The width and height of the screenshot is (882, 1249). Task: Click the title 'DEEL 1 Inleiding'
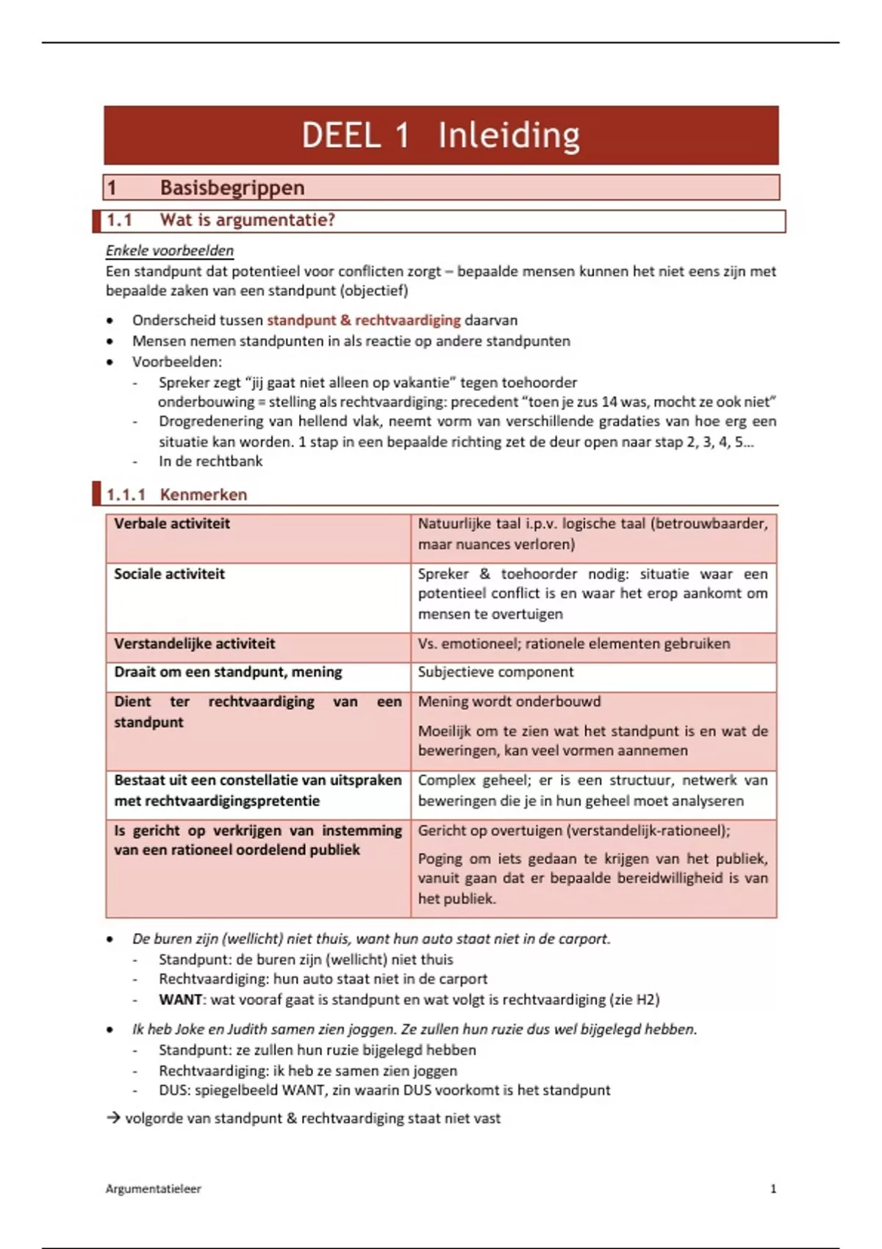441,135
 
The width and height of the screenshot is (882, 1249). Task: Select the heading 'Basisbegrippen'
232,188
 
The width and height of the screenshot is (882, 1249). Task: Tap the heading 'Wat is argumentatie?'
247,220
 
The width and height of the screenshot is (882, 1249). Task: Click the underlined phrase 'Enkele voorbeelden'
170,251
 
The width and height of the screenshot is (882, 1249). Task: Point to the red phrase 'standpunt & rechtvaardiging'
363,320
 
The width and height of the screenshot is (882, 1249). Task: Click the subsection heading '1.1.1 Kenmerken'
176,494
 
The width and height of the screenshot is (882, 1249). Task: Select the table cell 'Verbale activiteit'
172,524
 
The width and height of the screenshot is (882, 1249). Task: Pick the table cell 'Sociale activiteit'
169,575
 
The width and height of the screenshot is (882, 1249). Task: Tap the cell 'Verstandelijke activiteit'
194,644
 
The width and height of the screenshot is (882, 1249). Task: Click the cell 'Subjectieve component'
496,672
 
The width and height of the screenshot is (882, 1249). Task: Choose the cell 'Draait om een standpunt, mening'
228,672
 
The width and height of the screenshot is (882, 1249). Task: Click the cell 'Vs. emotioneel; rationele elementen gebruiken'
574,644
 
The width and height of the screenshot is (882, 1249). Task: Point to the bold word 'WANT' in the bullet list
180,1000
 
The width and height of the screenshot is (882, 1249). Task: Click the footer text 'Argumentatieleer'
153,1189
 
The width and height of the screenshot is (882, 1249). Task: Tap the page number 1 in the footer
772,1189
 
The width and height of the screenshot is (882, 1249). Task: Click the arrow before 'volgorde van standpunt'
113,1118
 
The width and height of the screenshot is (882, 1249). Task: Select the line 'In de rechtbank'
210,461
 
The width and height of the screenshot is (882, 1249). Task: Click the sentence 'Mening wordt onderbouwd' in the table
509,702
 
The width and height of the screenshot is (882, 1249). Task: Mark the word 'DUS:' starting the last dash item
174,1090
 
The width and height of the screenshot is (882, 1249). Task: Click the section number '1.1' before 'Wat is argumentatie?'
119,220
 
